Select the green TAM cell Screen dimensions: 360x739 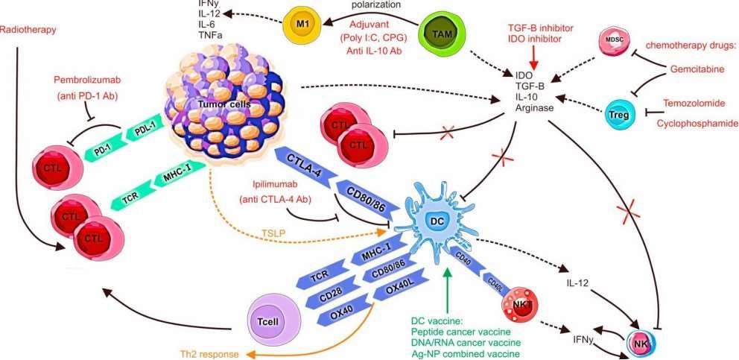[440, 33]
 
